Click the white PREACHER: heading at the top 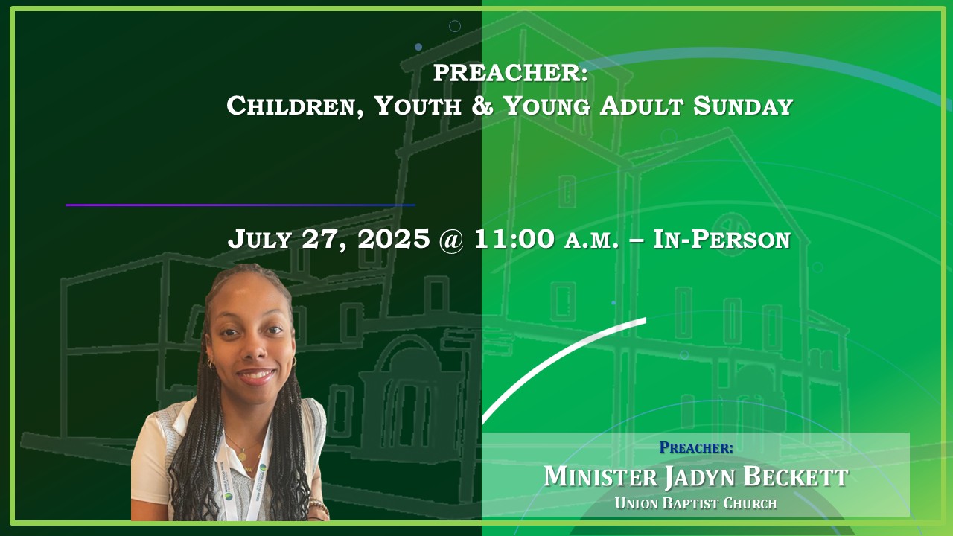511,73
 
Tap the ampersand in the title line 482,106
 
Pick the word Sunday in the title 743,106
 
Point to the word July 260,239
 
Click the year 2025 394,239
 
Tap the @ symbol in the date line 451,240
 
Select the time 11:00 514,239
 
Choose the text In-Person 721,239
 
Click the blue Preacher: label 696,447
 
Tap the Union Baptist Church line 696,504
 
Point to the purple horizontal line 240,205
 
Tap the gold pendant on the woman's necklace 242,456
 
